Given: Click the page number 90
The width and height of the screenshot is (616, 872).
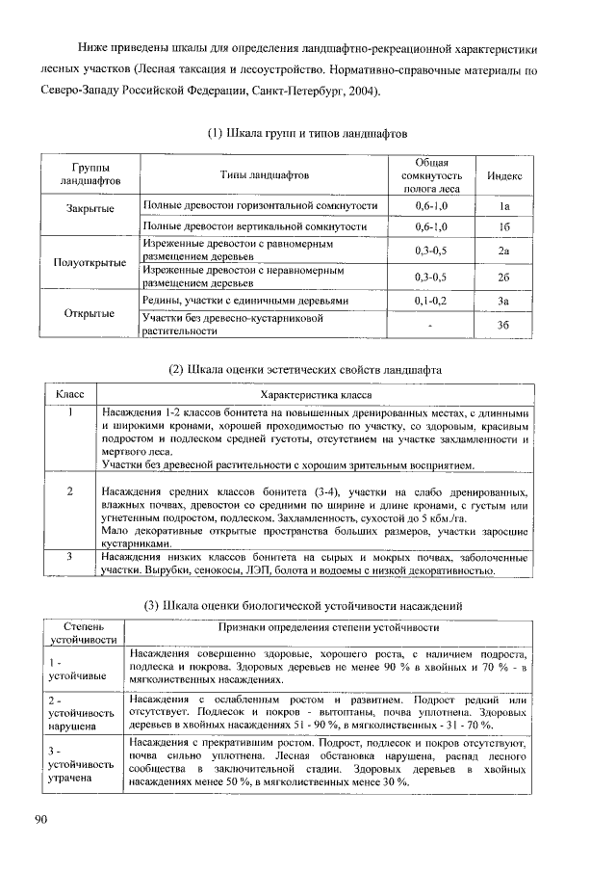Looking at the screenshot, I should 41,819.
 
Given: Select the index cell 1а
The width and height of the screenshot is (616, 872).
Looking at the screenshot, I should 503,207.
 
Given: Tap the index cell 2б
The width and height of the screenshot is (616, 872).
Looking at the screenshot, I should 503,277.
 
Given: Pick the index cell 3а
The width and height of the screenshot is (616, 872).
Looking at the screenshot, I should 503,302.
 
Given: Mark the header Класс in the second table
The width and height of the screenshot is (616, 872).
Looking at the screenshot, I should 71,394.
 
